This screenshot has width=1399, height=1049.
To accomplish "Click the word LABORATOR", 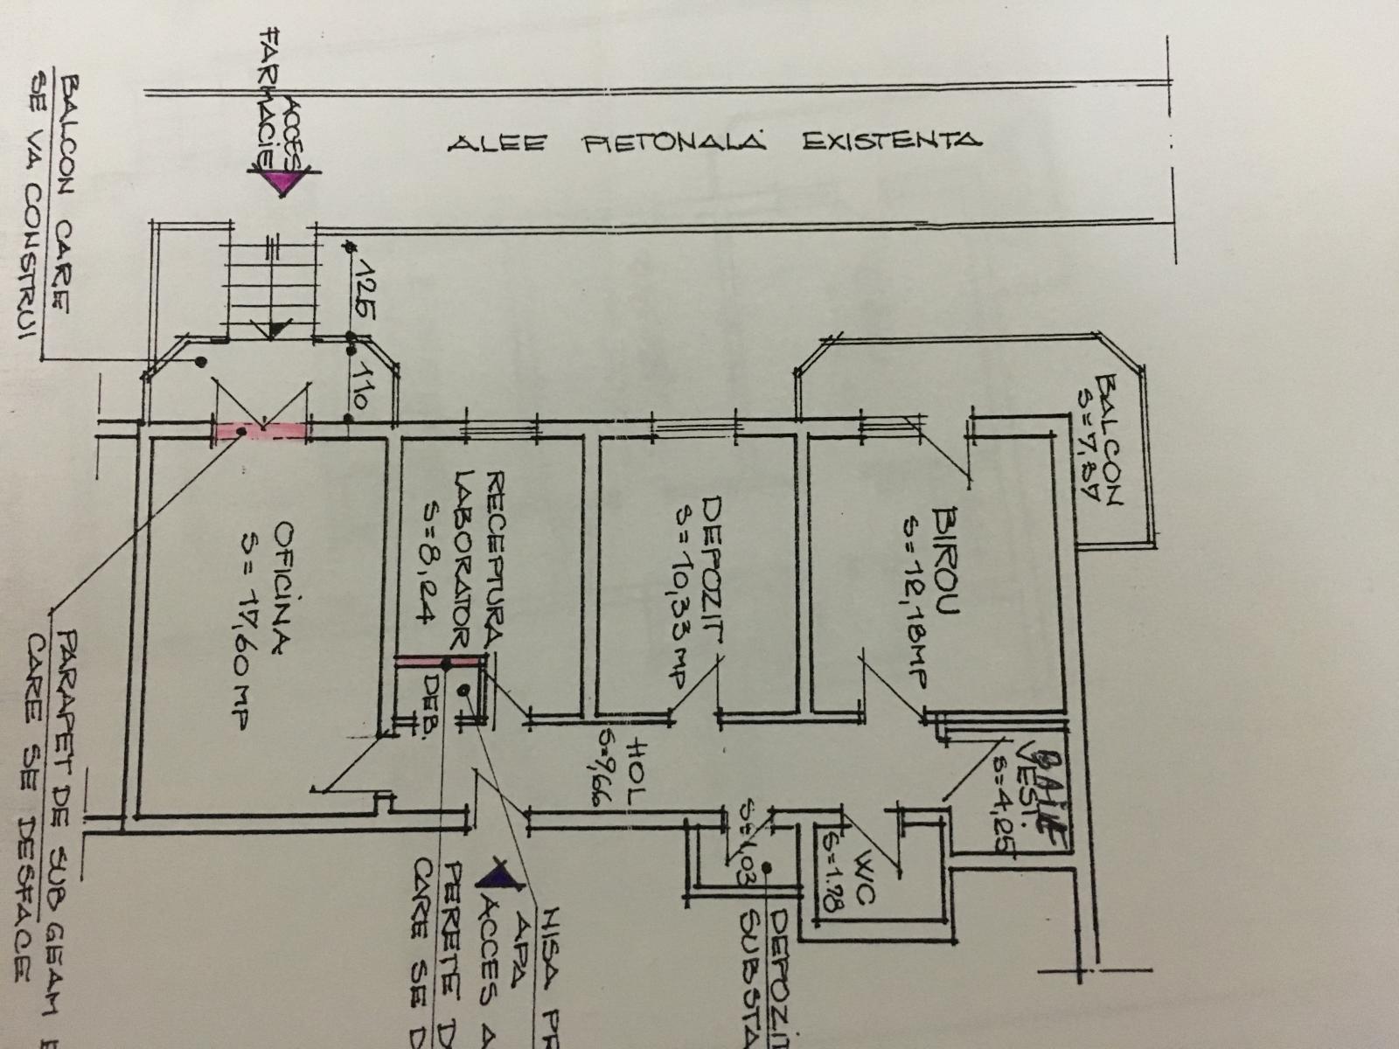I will tap(463, 559).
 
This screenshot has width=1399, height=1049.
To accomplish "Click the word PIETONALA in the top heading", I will tap(674, 142).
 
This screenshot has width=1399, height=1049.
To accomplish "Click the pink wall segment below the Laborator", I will tap(437, 661).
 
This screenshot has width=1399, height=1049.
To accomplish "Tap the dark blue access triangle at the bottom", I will tap(496, 874).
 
